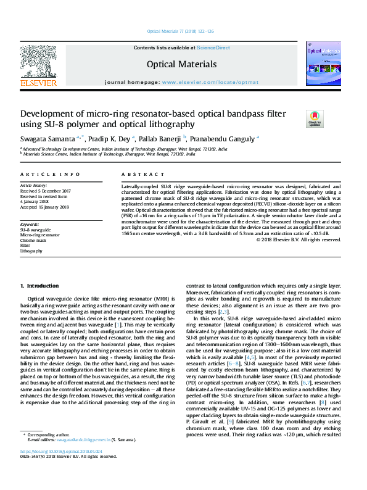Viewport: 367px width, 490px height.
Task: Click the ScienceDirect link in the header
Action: [x=214, y=48]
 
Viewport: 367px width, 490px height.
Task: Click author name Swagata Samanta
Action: [x=52, y=138]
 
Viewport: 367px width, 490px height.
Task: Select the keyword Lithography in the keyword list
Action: [x=31, y=251]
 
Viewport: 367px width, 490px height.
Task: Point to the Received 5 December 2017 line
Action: [x=46, y=191]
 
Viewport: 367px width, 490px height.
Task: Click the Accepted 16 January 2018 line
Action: [x=45, y=207]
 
